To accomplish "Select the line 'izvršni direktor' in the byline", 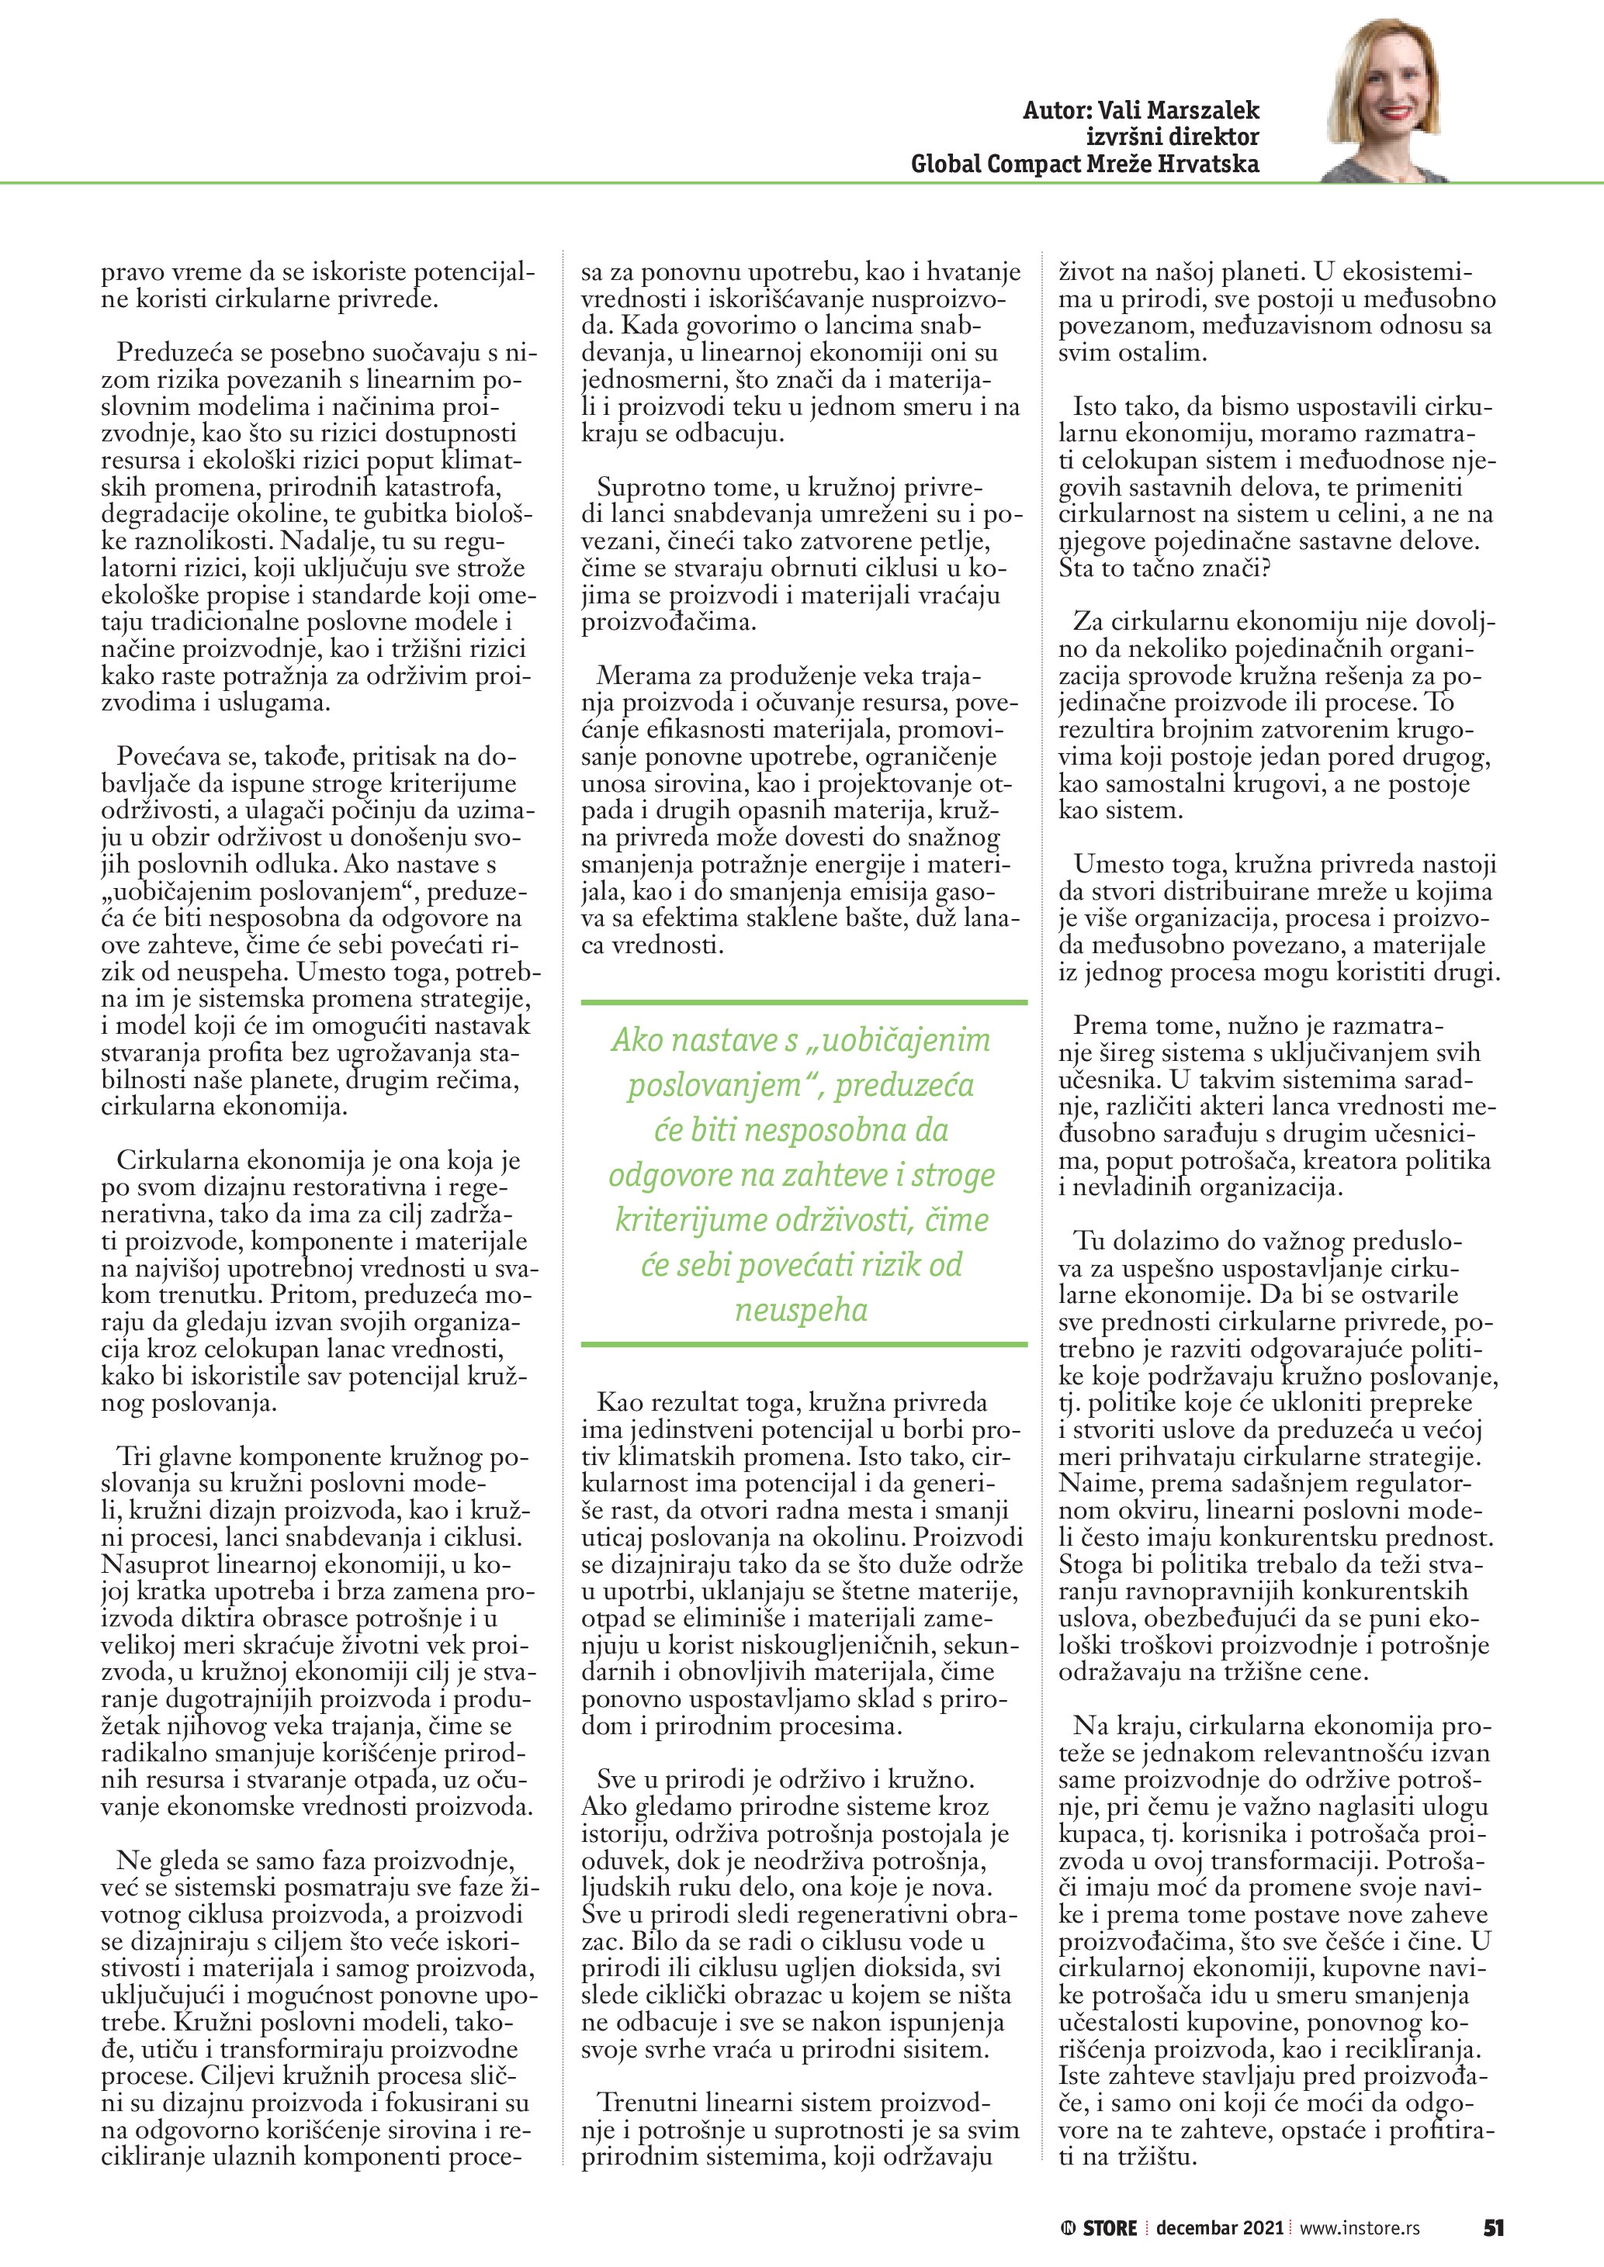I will click(1173, 137).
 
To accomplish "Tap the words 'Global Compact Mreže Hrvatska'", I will click(1085, 164).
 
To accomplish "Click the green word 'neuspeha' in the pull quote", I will click(801, 1310).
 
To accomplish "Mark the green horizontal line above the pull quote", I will click(803, 1002).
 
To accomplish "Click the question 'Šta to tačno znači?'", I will click(1165, 568).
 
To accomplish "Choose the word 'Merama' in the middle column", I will click(644, 676).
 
